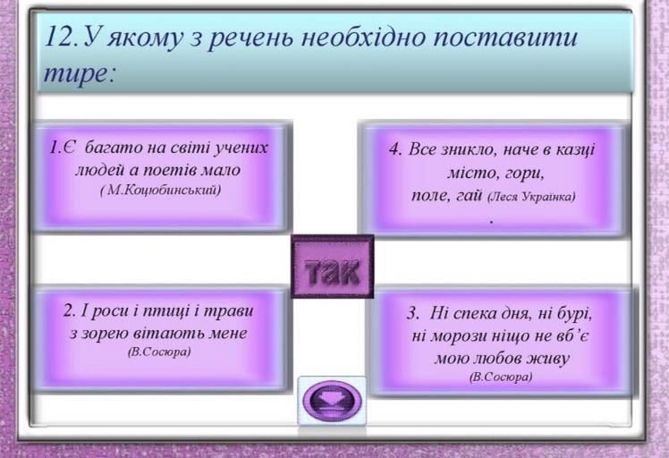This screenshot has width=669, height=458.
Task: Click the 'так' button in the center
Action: (333, 267)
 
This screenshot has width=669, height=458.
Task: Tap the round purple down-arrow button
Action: (332, 401)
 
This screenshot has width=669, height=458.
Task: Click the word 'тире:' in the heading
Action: (80, 74)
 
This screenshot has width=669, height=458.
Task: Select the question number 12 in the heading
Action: (62, 37)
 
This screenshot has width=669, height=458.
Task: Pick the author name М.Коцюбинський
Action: (161, 191)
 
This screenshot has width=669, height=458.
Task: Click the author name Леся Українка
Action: (531, 197)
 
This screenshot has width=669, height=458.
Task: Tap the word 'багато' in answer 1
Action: (114, 148)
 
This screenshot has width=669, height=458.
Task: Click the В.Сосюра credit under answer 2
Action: (159, 352)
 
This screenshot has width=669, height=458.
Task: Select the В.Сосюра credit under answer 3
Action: (501, 377)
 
